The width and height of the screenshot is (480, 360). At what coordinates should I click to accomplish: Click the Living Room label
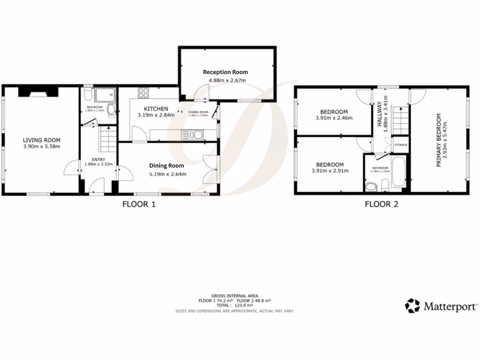[x=42, y=140]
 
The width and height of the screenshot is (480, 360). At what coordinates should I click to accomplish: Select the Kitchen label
[x=152, y=109]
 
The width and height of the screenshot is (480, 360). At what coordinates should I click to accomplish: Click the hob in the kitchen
[x=143, y=93]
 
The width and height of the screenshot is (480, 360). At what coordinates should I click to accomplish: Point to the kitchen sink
[x=192, y=135]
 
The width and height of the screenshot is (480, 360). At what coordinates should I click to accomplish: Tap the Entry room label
[x=98, y=159]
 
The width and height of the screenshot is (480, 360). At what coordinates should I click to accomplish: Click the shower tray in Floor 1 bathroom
[x=105, y=96]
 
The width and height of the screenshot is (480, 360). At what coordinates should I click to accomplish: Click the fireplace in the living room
[x=37, y=92]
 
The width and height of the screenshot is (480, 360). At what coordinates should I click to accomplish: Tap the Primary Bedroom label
[x=439, y=140]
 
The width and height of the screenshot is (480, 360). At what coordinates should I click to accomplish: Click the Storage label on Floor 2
[x=401, y=145]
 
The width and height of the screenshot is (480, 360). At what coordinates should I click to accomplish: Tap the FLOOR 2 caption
[x=382, y=204]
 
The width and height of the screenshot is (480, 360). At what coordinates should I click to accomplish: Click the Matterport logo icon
[x=413, y=306]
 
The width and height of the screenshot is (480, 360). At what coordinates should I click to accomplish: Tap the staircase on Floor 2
[x=400, y=120]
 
